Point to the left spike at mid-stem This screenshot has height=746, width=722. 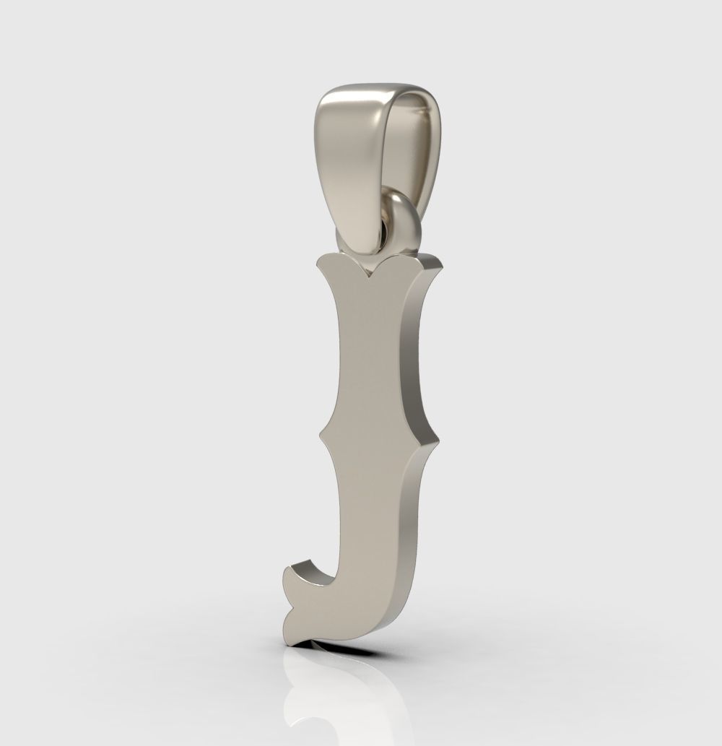[321, 437]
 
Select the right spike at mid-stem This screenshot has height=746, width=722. [437, 438]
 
